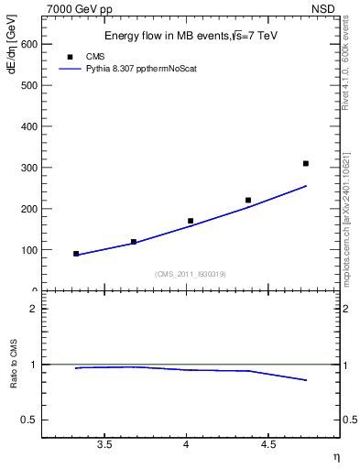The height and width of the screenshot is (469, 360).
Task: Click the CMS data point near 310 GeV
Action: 306,163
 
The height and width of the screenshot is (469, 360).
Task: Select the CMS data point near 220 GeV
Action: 248,200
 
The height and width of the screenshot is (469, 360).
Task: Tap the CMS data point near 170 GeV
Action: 191,221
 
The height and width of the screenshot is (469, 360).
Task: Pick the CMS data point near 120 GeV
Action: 134,242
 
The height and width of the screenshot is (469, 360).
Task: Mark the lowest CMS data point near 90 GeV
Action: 76,254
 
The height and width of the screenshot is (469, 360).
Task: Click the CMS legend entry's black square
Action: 70,56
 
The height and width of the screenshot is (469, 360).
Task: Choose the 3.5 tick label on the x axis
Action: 104,446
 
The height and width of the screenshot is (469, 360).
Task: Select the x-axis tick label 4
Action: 186,446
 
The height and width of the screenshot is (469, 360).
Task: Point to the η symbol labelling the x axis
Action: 335,457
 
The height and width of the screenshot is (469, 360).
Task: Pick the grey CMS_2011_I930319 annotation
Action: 191,274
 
